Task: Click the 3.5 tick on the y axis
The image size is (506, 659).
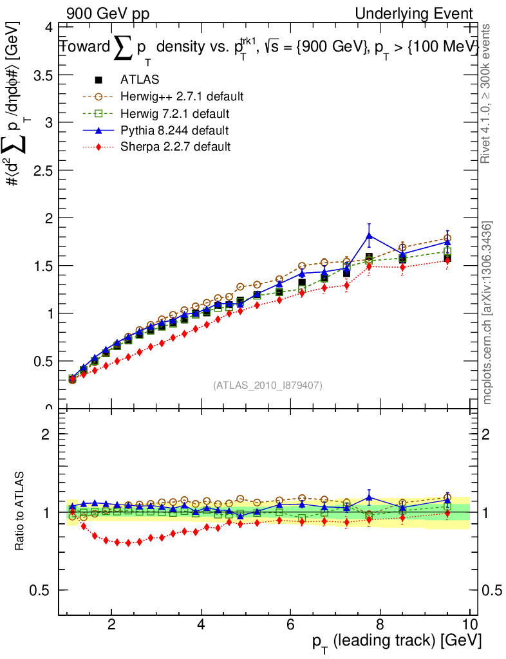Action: coord(41,75)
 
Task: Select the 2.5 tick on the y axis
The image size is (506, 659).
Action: coord(41,170)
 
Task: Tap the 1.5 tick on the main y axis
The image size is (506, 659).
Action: coord(41,266)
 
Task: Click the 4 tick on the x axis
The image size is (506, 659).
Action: coord(201,624)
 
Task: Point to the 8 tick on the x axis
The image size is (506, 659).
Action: coord(380,624)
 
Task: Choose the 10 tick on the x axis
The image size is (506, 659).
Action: coord(469,624)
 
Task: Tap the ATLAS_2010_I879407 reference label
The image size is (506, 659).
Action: coord(268,385)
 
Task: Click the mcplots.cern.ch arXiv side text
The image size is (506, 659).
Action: coord(488,313)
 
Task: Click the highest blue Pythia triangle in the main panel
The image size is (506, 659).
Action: coord(369,236)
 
